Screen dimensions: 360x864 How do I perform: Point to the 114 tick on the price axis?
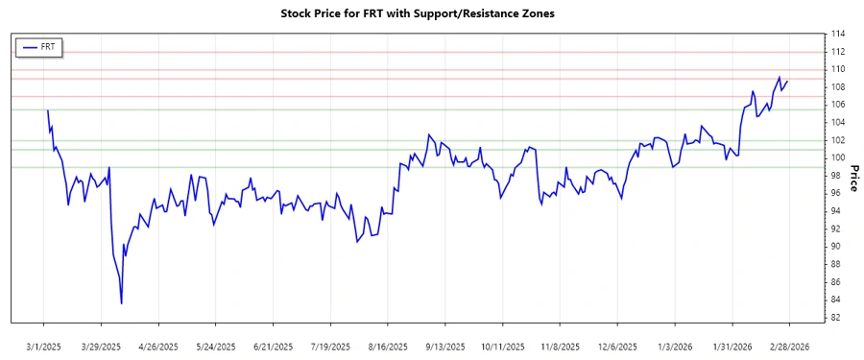click(x=838, y=34)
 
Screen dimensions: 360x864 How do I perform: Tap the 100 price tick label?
click(x=838, y=157)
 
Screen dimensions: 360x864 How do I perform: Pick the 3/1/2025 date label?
click(x=44, y=346)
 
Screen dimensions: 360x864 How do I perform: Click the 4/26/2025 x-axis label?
click(x=158, y=346)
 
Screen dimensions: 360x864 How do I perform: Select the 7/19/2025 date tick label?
click(x=330, y=346)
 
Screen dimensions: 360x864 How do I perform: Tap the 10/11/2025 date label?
click(x=502, y=346)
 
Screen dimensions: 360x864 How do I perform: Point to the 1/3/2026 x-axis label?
click(x=675, y=346)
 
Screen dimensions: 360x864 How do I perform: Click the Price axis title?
click(x=853, y=176)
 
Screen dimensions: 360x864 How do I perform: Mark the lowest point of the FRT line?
click(x=122, y=303)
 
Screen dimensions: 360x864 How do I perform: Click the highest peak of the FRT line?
click(x=780, y=77)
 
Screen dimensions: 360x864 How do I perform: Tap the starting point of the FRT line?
click(x=47, y=110)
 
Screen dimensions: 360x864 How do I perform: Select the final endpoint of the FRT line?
click(x=788, y=81)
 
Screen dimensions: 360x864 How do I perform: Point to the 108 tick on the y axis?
click(x=838, y=86)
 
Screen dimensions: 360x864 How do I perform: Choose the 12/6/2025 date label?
click(x=617, y=346)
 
